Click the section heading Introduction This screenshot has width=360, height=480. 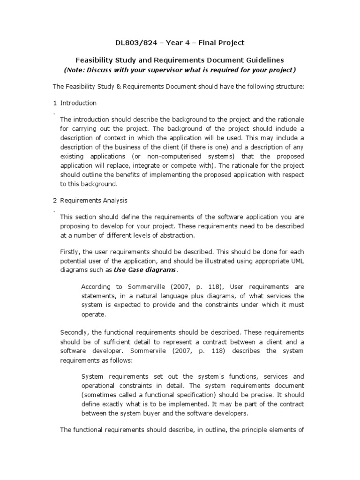pos(78,103)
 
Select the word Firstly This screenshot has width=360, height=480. pos(70,252)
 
